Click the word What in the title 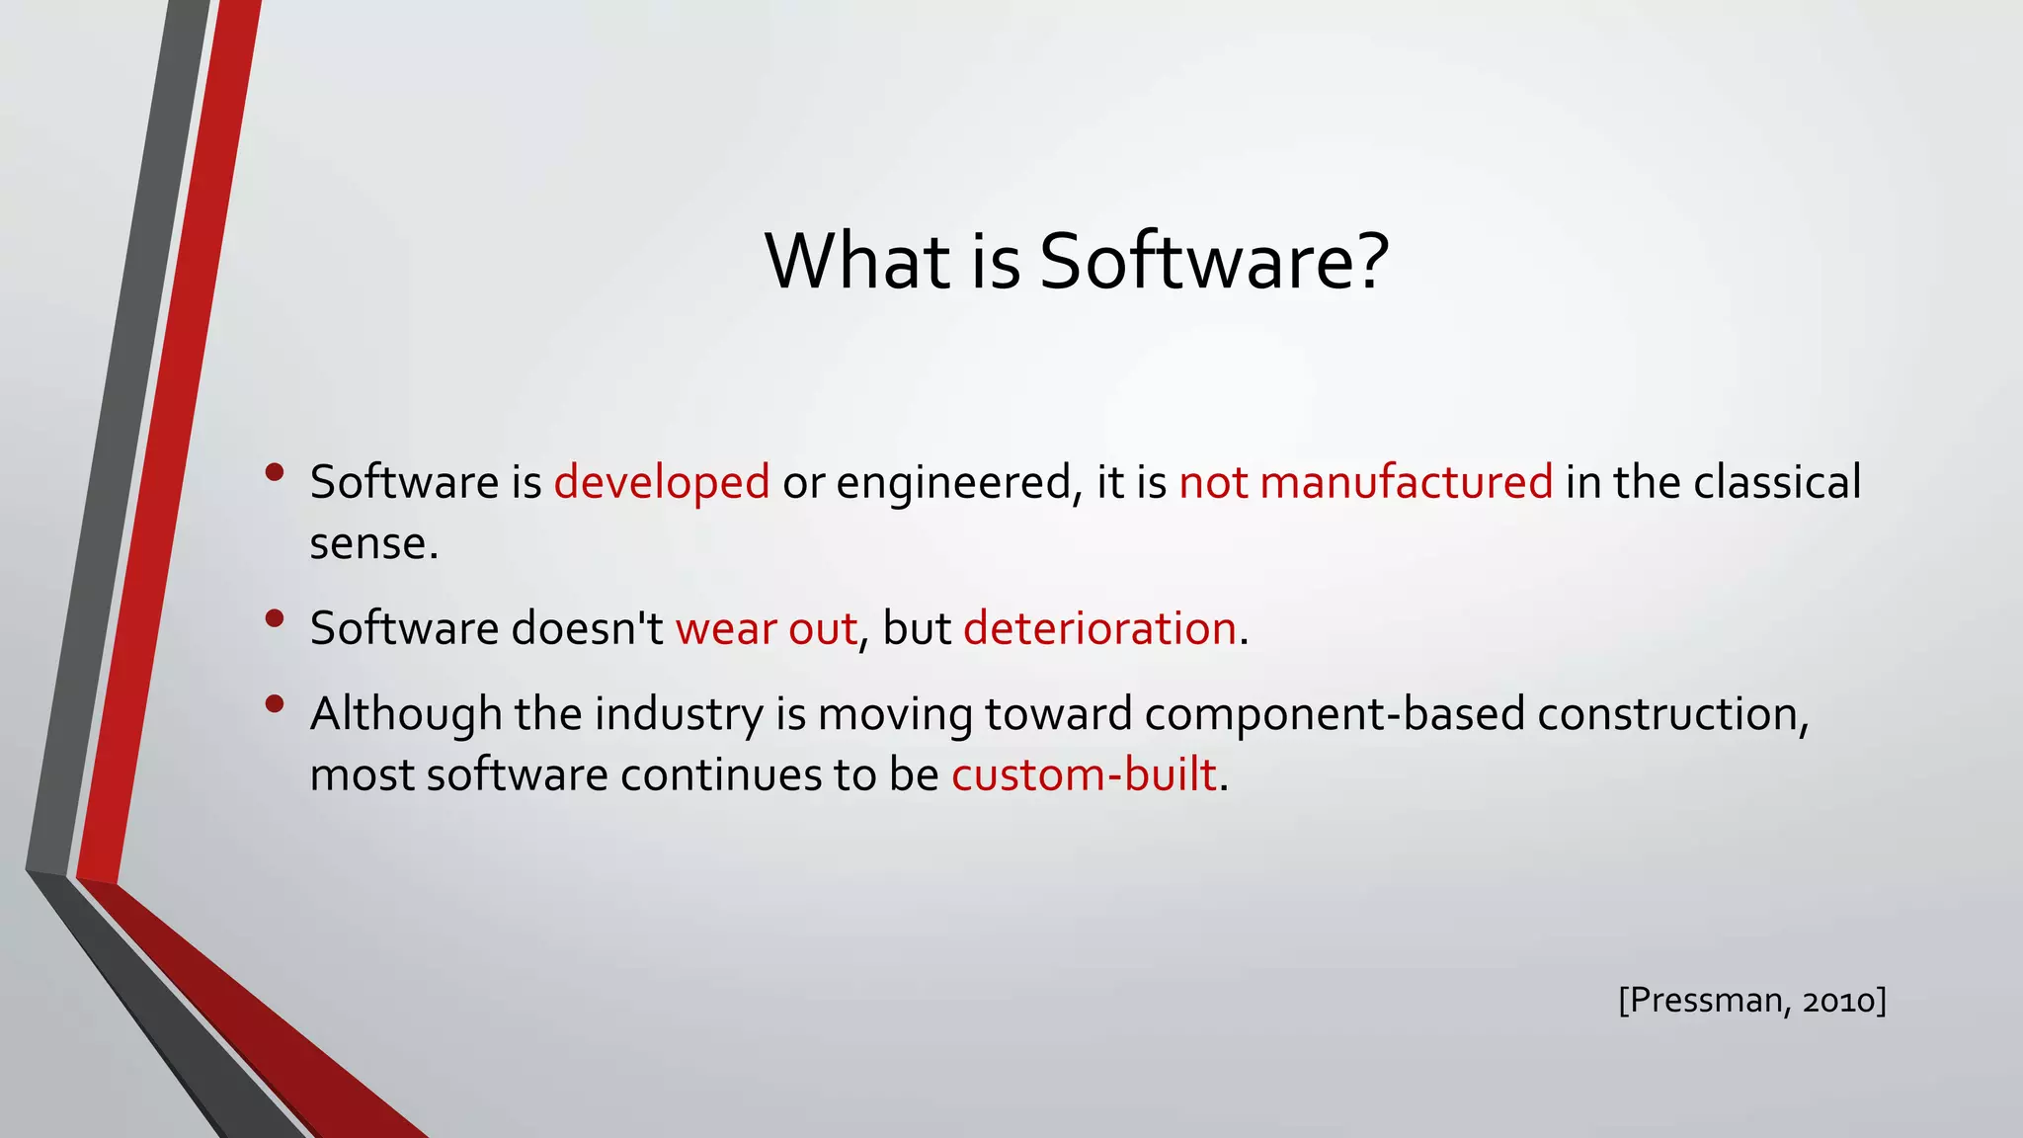tap(856, 262)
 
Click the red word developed tap(661, 483)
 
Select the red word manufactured tap(1406, 483)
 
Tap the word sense tap(372, 544)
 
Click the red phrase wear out tap(766, 629)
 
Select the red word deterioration tap(1099, 629)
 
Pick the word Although tap(405, 714)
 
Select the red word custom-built tap(1083, 775)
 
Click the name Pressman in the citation tap(1705, 1001)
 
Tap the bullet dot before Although tap(275, 703)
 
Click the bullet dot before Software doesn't tap(275, 618)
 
